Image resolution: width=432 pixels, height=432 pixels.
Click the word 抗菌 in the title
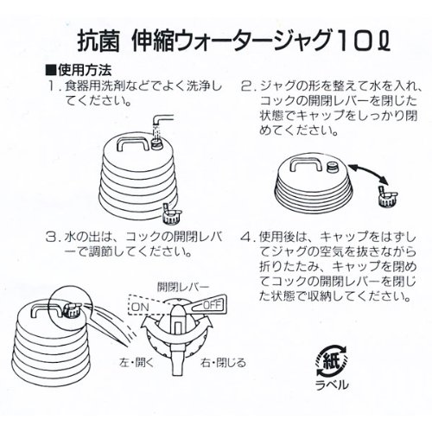[x=98, y=41]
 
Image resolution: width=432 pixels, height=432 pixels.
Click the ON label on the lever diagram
[x=140, y=307]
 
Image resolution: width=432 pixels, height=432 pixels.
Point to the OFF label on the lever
[x=212, y=305]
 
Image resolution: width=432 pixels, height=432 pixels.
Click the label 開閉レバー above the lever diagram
[x=182, y=287]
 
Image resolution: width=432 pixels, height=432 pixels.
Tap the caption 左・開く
[x=137, y=363]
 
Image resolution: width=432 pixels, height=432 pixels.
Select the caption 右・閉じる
[x=224, y=363]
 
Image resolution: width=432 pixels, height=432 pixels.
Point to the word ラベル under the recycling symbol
[x=332, y=384]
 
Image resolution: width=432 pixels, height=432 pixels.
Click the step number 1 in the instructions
[x=53, y=86]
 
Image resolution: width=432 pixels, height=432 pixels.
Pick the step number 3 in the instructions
[x=52, y=238]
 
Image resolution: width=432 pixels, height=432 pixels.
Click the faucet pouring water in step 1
[x=163, y=122]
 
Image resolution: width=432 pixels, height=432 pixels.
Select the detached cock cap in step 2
[x=387, y=196]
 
